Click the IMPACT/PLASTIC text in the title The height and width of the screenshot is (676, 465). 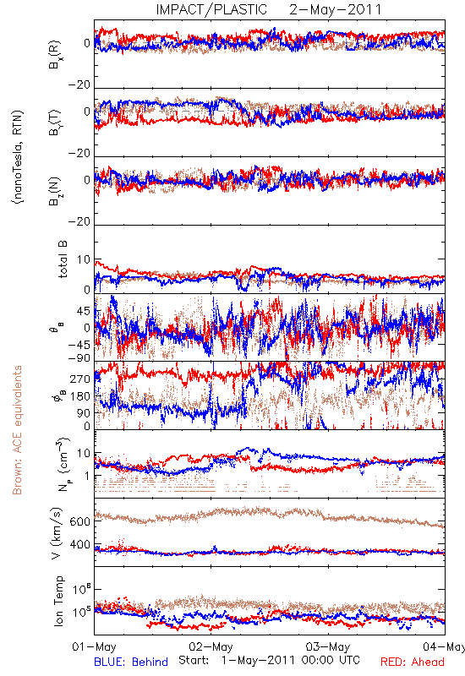[211, 9]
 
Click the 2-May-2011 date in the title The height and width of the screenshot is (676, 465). [336, 9]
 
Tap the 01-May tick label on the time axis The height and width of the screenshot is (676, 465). [94, 646]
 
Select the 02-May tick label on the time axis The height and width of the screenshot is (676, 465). [211, 646]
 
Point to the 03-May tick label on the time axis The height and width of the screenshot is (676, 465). [328, 646]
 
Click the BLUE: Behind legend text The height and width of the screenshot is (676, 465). [131, 662]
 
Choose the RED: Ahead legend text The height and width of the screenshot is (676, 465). [413, 662]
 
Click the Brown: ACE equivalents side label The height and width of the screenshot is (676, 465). [17, 430]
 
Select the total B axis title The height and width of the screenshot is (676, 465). [63, 259]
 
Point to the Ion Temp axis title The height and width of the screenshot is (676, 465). [58, 601]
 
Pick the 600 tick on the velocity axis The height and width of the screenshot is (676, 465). [80, 521]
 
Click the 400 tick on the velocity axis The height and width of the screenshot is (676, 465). [80, 544]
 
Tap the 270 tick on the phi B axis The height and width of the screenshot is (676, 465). [80, 379]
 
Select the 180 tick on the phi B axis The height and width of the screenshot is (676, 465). [80, 396]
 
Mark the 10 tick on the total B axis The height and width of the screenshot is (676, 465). [84, 259]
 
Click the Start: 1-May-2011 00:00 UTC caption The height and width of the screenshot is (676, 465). [269, 660]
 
